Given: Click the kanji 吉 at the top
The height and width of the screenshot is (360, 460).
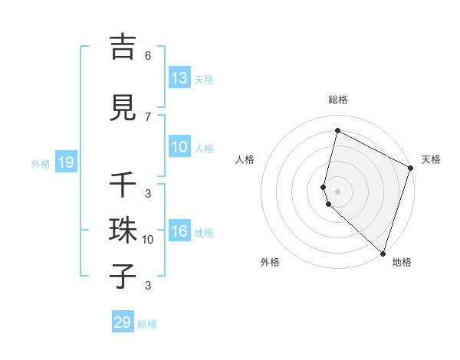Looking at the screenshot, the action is [123, 47].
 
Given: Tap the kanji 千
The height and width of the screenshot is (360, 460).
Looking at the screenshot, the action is [123, 185].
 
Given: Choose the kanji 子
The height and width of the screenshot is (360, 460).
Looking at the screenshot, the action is [123, 276].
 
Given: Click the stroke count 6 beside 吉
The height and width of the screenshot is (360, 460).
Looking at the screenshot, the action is [147, 56].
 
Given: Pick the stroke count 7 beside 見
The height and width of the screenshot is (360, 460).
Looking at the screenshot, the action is [147, 116].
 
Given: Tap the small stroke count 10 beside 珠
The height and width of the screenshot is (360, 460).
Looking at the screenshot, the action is [148, 240].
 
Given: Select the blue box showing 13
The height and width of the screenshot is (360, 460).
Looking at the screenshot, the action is [179, 78].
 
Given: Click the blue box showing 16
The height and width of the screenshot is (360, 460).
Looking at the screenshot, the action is [179, 232].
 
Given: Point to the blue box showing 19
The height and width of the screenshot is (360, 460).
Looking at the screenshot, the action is [65, 162].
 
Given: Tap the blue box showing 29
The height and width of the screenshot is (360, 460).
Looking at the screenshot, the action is [122, 322].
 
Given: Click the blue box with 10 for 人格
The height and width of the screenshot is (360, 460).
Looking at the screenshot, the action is [179, 148].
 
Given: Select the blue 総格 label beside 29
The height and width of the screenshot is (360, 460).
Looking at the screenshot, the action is [147, 324].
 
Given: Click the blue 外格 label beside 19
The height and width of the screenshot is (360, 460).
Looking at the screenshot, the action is [40, 164].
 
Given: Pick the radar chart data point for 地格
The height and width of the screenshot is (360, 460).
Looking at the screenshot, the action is [383, 253].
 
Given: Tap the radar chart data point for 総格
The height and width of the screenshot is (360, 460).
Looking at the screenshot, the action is [337, 131].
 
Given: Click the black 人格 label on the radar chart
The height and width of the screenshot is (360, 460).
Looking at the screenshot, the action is [245, 159].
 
